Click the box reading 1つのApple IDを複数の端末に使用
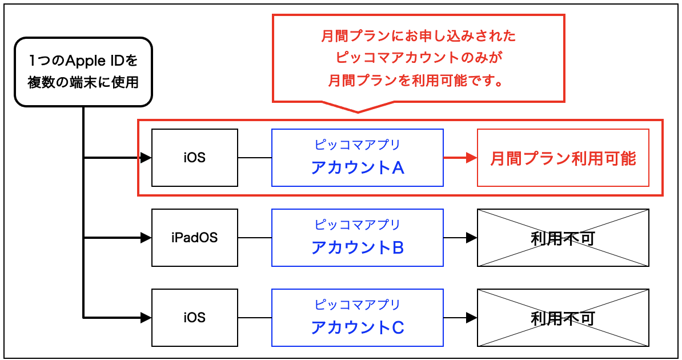(x=83, y=71)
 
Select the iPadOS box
(x=194, y=238)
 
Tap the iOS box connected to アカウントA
(x=194, y=158)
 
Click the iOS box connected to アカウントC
(x=194, y=318)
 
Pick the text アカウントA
(x=358, y=167)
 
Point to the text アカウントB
(x=358, y=247)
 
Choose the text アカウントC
(x=358, y=327)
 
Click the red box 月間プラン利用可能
(x=563, y=158)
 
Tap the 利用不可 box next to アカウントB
(x=563, y=238)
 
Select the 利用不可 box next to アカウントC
(x=563, y=318)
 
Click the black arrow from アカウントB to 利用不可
(x=460, y=238)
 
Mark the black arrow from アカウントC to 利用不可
(x=460, y=318)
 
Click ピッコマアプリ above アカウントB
(x=358, y=225)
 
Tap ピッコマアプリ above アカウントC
(x=358, y=305)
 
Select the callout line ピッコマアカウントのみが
(x=418, y=58)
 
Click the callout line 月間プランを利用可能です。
(x=418, y=80)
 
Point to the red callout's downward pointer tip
(x=358, y=112)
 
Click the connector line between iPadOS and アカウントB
(x=255, y=238)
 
